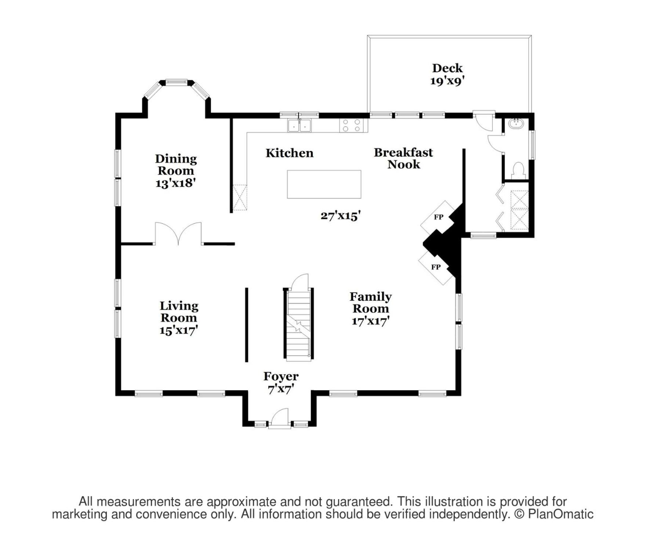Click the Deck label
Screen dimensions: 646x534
447,68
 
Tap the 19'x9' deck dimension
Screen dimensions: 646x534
447,81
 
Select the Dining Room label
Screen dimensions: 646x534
176,165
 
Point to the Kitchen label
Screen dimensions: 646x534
290,153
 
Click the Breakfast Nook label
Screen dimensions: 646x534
403,158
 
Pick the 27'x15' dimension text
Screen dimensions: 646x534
341,216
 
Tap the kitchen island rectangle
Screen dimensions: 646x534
324,184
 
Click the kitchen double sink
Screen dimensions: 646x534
300,125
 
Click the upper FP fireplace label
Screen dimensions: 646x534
439,217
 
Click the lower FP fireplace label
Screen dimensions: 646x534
436,267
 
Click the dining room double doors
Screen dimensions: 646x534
178,233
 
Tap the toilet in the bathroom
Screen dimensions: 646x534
518,171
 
